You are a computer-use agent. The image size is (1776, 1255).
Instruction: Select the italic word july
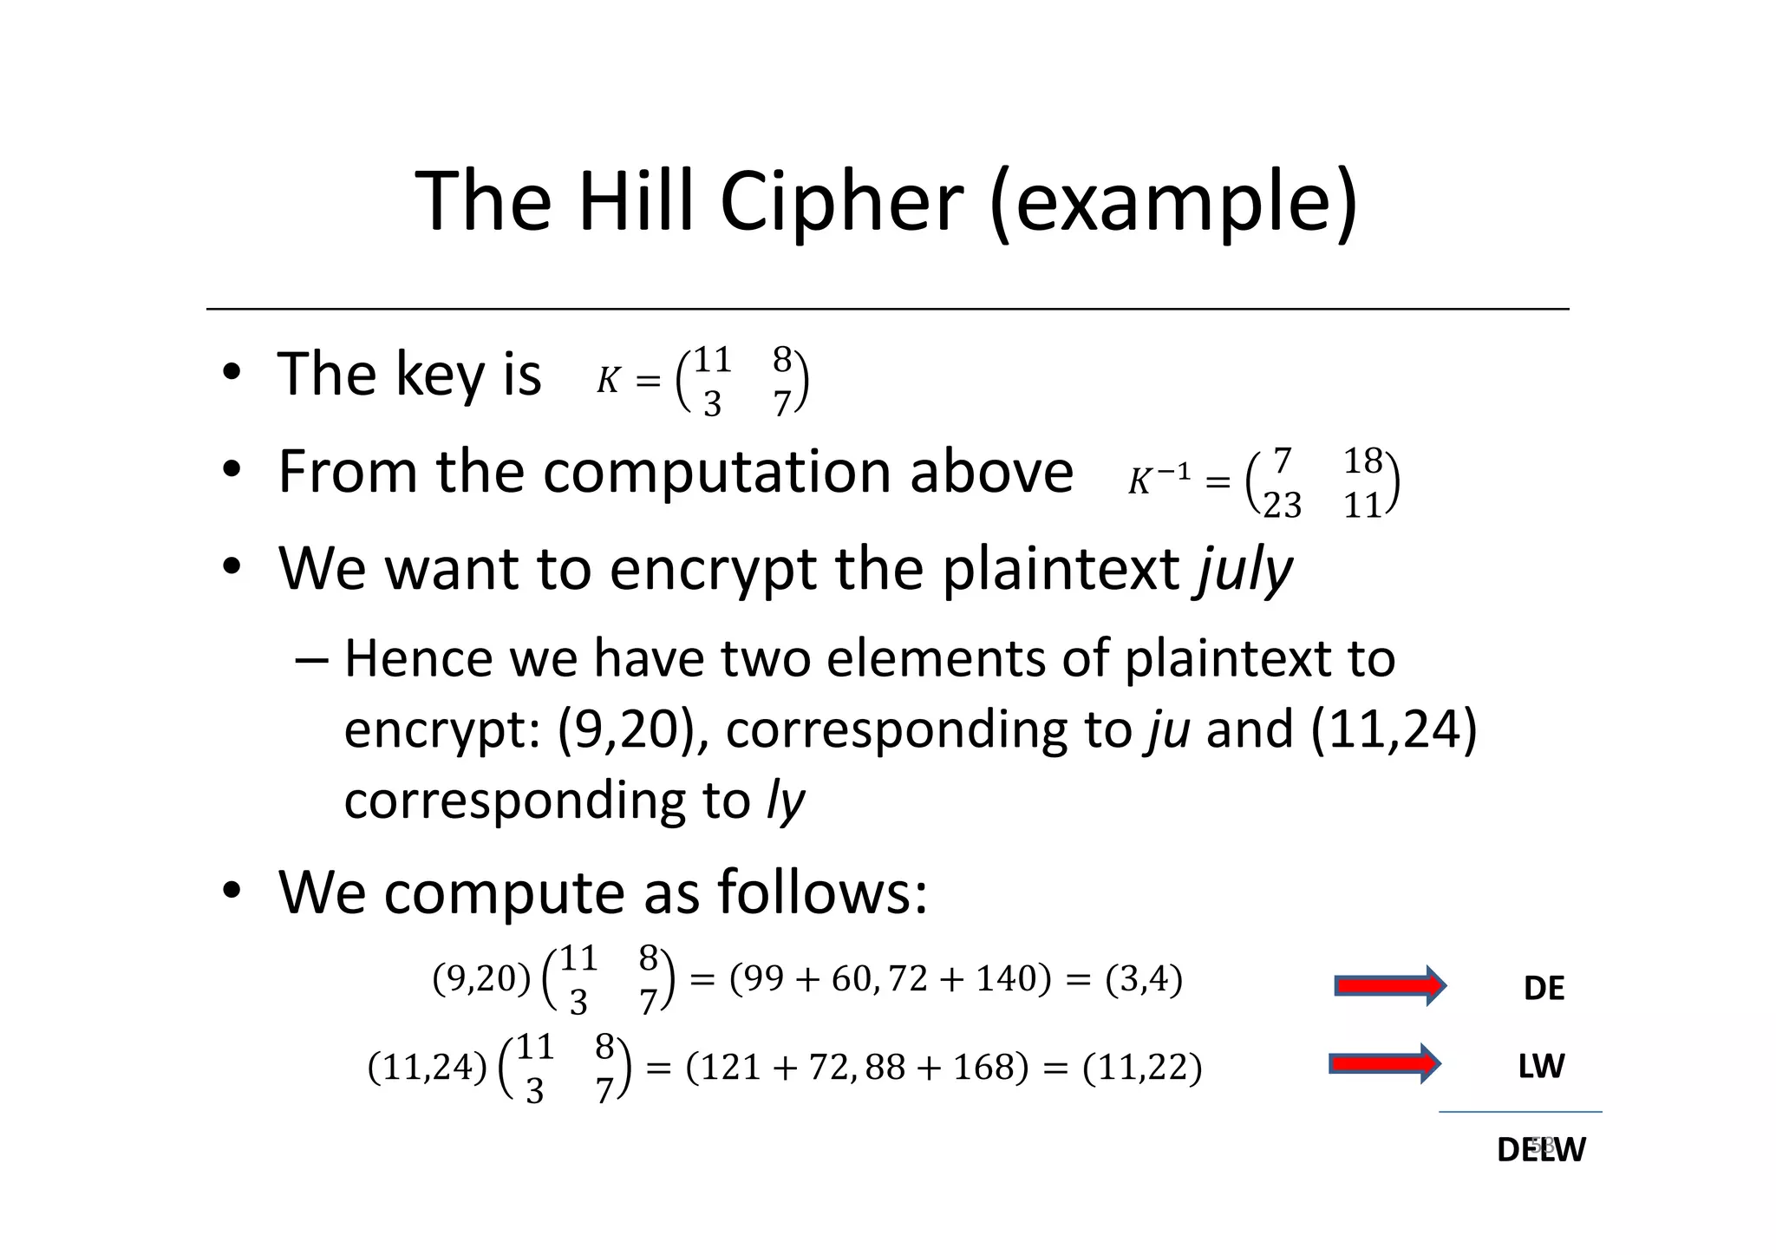click(x=1244, y=570)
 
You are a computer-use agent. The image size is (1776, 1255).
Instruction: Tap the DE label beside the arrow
click(x=1544, y=989)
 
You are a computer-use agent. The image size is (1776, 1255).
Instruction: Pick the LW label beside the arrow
click(x=1541, y=1066)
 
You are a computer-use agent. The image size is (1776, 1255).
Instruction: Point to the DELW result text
click(x=1541, y=1149)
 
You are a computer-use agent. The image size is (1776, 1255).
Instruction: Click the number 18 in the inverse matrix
click(x=1362, y=461)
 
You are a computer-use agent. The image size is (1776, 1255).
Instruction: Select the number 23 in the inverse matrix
click(x=1282, y=505)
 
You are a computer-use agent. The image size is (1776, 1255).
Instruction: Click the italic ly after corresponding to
click(x=786, y=800)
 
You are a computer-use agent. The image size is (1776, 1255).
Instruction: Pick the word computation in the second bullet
click(x=718, y=473)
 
